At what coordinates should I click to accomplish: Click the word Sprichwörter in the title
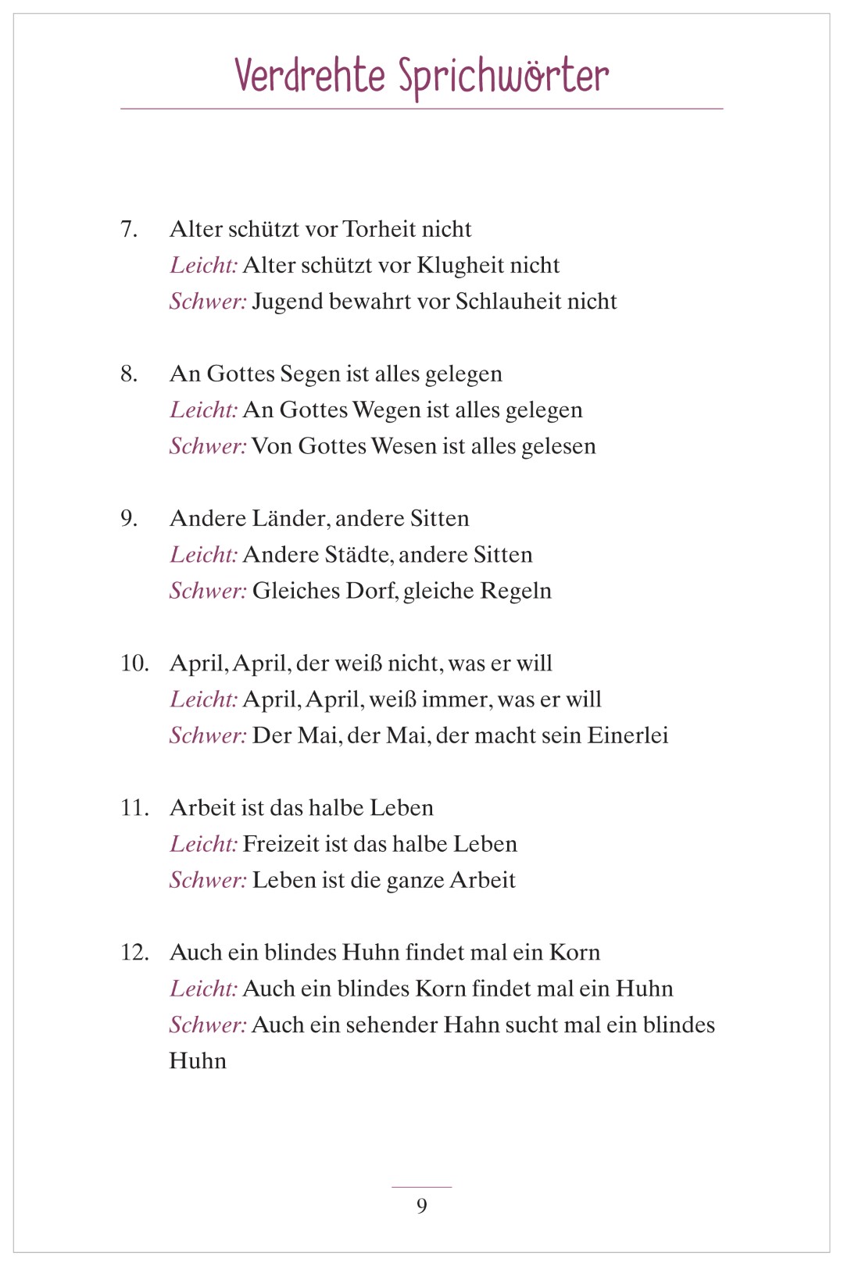tap(503, 77)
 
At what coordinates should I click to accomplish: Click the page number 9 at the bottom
tap(422, 1206)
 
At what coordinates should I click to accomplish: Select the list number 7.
tap(129, 229)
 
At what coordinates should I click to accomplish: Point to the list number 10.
tap(134, 663)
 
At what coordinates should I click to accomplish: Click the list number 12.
tap(134, 953)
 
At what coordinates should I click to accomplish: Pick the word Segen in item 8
tap(309, 374)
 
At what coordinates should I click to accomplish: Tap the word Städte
tap(356, 555)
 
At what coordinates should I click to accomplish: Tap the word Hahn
tap(470, 1025)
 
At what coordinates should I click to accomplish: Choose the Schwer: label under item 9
tap(208, 591)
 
